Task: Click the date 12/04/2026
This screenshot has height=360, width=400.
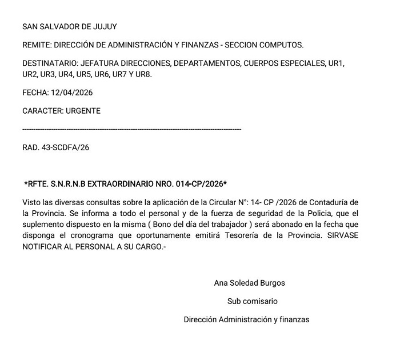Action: click(x=73, y=93)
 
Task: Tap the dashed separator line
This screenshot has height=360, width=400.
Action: click(x=131, y=130)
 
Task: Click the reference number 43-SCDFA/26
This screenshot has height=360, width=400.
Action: click(x=65, y=147)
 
